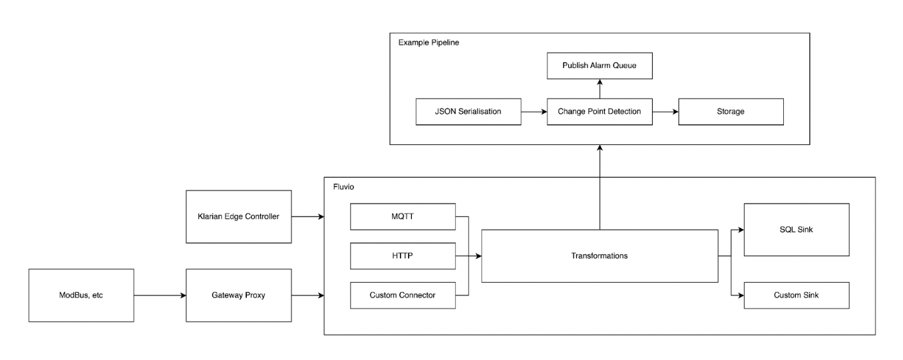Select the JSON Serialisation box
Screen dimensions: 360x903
coord(468,112)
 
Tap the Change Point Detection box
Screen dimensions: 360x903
coord(599,112)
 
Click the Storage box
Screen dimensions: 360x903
coord(731,112)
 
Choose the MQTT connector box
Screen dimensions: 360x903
coord(402,217)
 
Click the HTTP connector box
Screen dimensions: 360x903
coord(402,256)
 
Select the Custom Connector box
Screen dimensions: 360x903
coord(402,295)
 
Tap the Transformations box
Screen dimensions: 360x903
coord(600,256)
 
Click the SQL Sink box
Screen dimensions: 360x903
coord(797,230)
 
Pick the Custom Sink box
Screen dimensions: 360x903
coord(797,295)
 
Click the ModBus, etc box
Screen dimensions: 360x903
coord(81,295)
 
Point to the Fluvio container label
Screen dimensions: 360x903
coord(344,187)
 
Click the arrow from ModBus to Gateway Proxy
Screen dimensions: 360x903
coord(160,295)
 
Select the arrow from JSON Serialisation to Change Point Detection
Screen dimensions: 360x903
coord(533,112)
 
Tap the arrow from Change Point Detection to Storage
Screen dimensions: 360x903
coord(665,112)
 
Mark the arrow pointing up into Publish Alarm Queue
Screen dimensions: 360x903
coord(599,89)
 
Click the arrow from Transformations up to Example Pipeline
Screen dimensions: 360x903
coord(600,186)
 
